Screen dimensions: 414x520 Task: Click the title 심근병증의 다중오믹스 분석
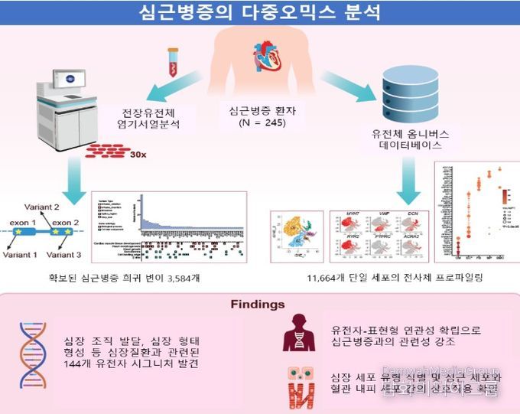260,13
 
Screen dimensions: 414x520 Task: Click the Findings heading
259,305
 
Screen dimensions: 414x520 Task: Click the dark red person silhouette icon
299,334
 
